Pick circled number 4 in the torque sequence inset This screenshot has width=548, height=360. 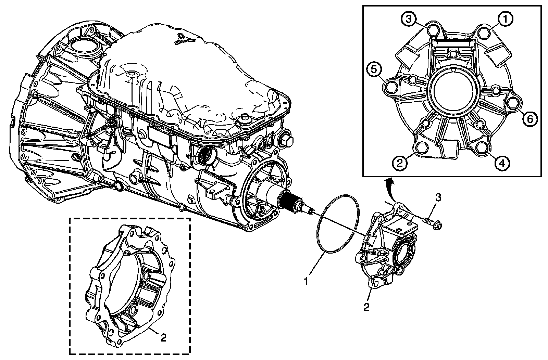tap(501, 163)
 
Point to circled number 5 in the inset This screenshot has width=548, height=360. tap(374, 69)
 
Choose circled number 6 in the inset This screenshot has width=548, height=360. tap(530, 119)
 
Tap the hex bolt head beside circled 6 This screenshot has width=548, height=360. tap(513, 104)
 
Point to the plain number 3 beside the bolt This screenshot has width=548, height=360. tap(438, 198)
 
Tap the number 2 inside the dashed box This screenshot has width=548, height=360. tap(163, 338)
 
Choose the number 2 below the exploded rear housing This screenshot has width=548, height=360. tap(366, 307)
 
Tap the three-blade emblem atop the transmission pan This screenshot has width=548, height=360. tap(180, 39)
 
